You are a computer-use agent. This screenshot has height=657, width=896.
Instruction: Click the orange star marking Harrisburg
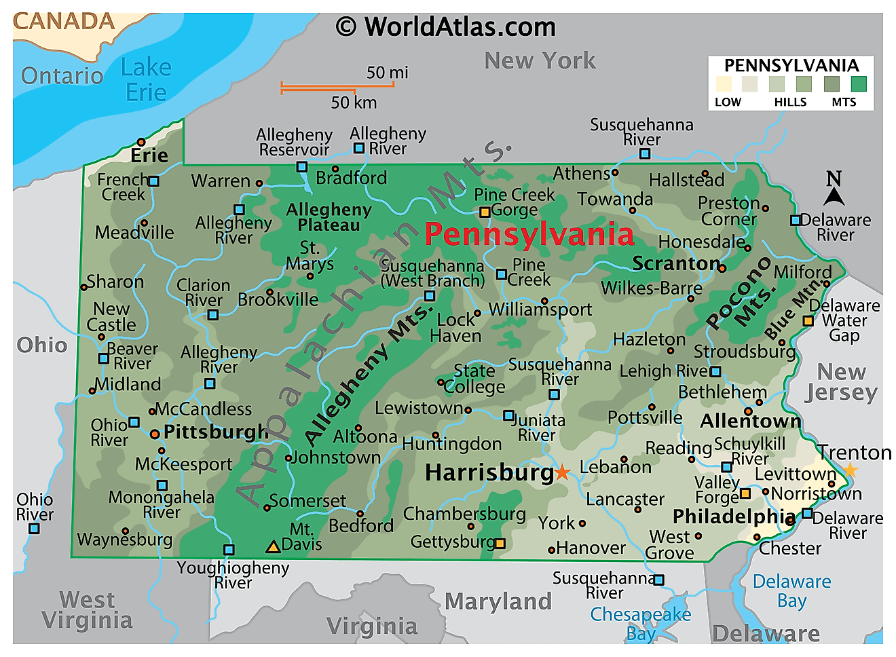[562, 472]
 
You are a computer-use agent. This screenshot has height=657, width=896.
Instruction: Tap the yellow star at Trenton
[850, 470]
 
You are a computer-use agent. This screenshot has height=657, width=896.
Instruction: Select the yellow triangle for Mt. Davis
[273, 546]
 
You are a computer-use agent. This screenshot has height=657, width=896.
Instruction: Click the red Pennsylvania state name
[529, 234]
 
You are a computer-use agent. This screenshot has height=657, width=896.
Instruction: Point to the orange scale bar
[337, 87]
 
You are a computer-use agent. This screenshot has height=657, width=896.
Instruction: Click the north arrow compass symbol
[834, 189]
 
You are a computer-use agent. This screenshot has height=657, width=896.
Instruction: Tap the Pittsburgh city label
[216, 432]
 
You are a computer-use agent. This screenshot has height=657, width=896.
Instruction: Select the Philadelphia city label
[734, 517]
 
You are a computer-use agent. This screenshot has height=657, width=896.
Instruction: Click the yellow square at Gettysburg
[500, 543]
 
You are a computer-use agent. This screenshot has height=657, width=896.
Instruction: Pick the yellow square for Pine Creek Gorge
[485, 212]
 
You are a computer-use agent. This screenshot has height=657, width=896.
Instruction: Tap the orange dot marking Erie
[141, 143]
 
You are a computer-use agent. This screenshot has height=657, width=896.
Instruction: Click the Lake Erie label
[146, 79]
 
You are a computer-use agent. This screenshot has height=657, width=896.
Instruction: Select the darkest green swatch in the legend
[859, 83]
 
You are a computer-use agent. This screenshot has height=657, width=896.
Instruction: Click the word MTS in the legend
[844, 102]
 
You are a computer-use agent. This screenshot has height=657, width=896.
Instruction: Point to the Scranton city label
[676, 263]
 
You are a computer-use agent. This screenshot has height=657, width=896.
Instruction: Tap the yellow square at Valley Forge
[745, 493]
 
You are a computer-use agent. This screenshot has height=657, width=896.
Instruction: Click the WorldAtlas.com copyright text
[446, 27]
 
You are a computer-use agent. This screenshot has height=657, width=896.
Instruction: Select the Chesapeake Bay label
[640, 623]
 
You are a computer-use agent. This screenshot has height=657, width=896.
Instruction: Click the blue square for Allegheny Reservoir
[302, 167]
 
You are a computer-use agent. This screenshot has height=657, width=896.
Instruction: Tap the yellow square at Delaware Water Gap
[808, 321]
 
